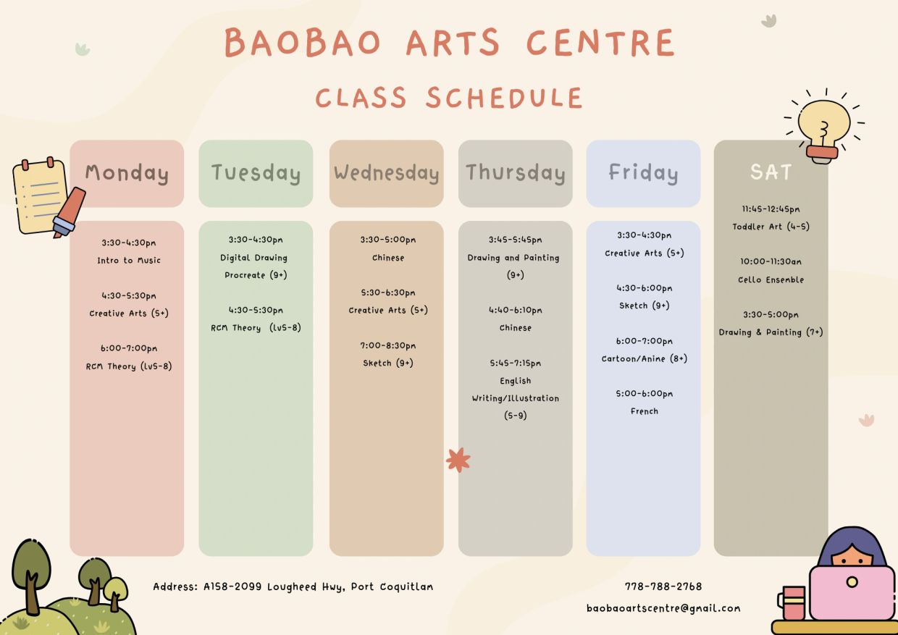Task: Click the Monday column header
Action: click(x=127, y=173)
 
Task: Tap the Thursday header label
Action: click(x=515, y=173)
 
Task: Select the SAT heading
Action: click(x=771, y=172)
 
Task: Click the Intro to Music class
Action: click(x=129, y=261)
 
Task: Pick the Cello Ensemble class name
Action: click(x=771, y=279)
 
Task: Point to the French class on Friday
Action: click(x=645, y=411)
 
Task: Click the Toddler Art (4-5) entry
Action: click(x=771, y=227)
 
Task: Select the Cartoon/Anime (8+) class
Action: click(x=645, y=358)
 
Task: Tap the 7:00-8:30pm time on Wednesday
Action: click(x=387, y=345)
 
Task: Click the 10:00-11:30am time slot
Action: click(x=771, y=261)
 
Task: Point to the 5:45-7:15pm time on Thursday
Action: click(x=515, y=363)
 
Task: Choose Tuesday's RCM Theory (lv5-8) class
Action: click(x=256, y=328)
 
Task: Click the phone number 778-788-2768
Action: click(x=663, y=586)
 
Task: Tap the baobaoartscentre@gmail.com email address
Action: click(x=663, y=608)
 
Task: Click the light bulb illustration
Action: click(x=823, y=127)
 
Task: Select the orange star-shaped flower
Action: click(x=458, y=460)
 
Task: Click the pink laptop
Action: click(x=852, y=592)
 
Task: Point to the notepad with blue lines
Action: click(x=40, y=196)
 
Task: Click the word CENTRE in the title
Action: click(x=600, y=43)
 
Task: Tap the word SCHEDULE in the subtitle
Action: click(x=504, y=98)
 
